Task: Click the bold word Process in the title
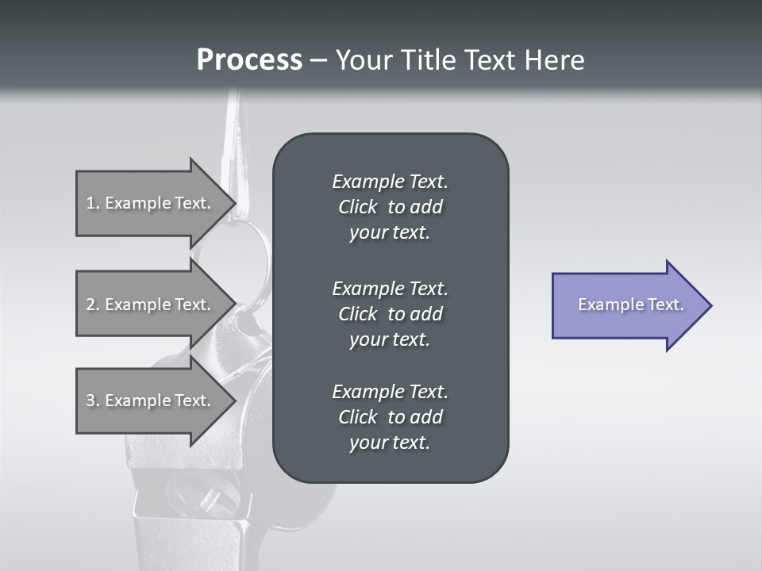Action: tap(249, 60)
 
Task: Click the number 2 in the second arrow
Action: tap(90, 305)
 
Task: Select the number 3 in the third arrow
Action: tap(90, 400)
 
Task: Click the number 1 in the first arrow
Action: tap(90, 203)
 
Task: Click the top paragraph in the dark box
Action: tap(390, 207)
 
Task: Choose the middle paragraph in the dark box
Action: tap(390, 314)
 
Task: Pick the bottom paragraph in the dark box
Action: tap(390, 417)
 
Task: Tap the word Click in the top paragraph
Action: tap(357, 207)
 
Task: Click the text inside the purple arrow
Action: tap(630, 305)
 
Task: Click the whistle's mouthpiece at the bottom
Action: tap(159, 531)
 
